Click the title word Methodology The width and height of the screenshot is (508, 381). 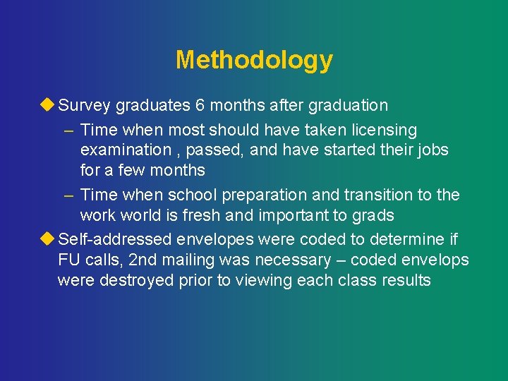point(254,60)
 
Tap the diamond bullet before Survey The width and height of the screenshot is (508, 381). point(47,105)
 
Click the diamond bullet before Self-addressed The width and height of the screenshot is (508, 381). point(47,239)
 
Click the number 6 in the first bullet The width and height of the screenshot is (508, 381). point(200,106)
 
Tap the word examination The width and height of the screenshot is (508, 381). point(126,150)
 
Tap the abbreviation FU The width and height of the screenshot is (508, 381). point(70,260)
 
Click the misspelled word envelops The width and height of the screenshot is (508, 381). point(437,260)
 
